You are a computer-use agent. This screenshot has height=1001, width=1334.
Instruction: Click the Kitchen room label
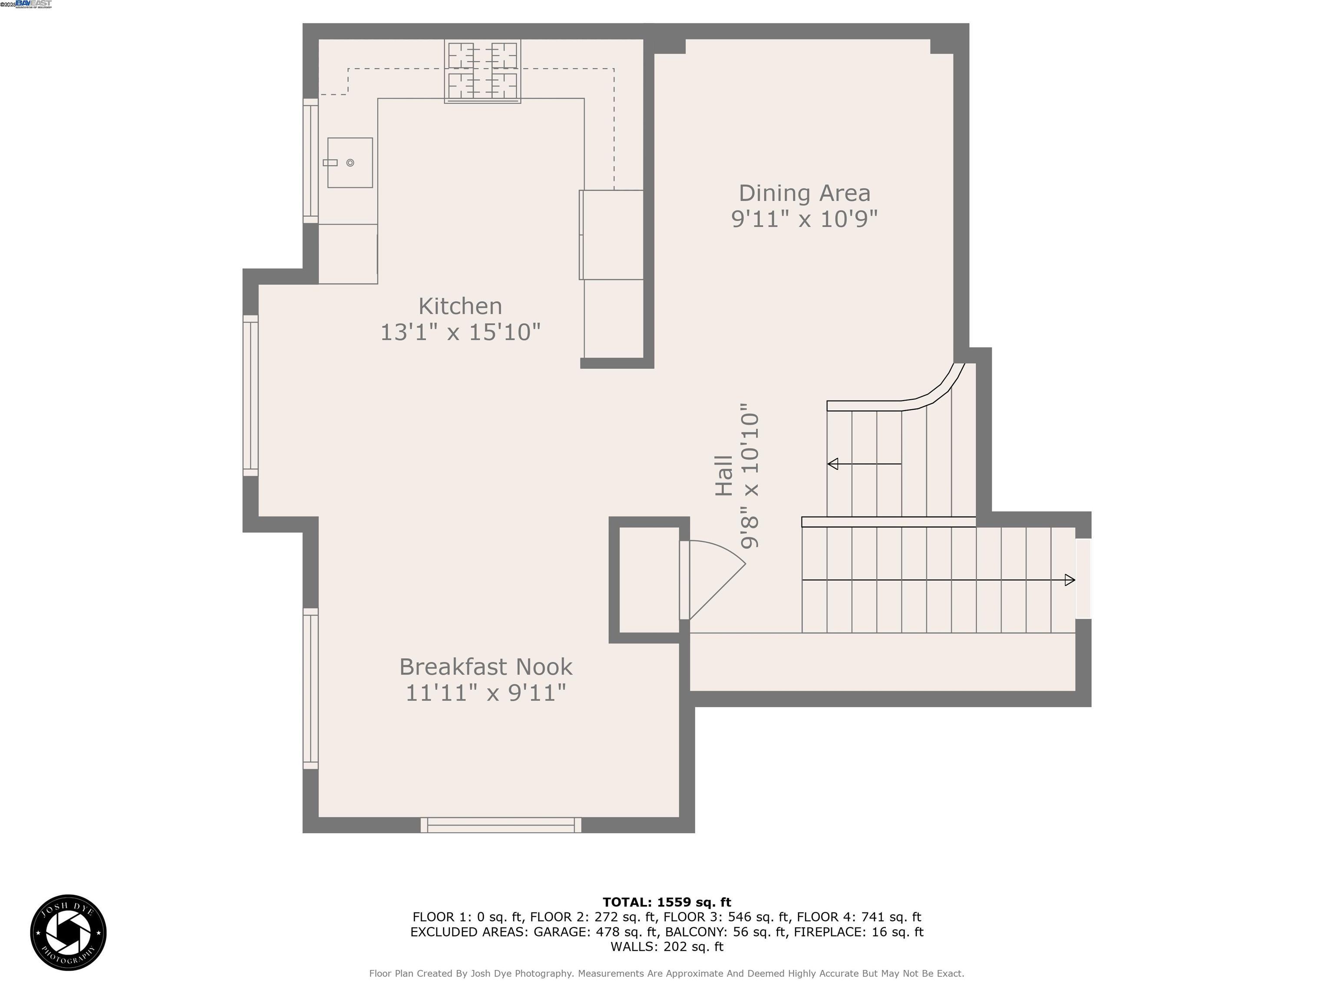coord(460,306)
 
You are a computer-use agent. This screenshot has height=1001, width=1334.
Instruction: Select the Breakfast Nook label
coord(485,667)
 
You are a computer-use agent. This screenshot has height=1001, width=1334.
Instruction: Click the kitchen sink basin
coord(350,162)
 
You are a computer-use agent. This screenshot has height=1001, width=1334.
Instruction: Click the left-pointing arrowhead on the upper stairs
coord(833,464)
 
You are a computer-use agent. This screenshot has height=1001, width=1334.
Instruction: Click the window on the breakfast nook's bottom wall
coord(501,825)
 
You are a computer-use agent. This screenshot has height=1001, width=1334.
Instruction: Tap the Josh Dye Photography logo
coord(68,932)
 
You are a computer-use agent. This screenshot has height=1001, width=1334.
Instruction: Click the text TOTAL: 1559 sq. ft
coord(667,902)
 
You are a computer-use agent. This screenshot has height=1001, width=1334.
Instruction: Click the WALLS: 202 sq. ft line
coord(667,947)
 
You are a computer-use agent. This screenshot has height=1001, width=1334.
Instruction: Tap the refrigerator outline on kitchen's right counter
coord(611,235)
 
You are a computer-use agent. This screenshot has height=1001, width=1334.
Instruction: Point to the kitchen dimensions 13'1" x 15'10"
coord(460,332)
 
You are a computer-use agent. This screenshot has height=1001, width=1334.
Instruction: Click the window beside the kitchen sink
coord(310,160)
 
